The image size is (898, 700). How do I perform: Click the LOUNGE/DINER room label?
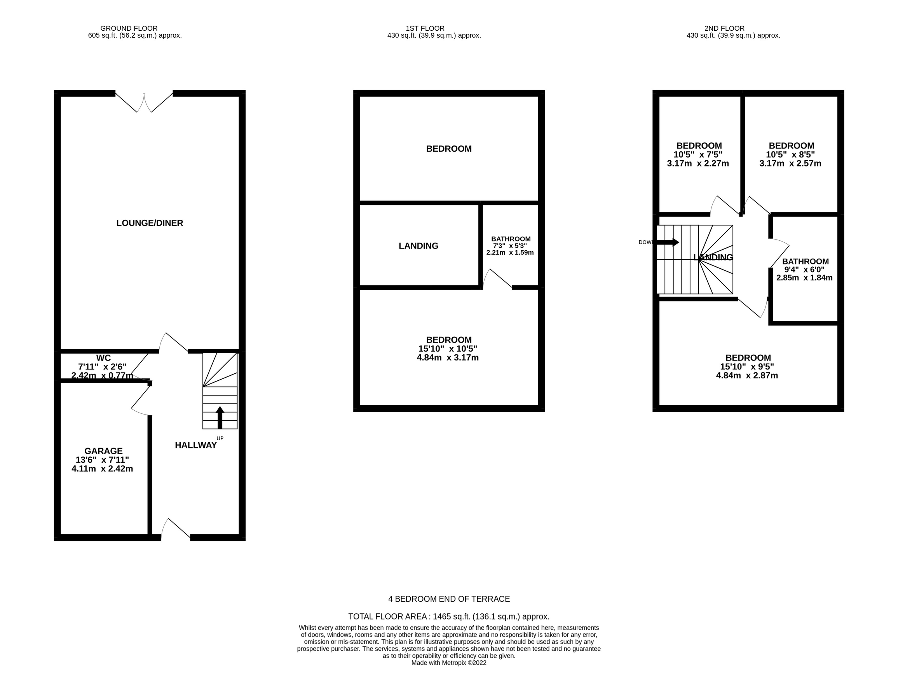[x=150, y=223]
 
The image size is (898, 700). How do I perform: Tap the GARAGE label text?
[x=103, y=451]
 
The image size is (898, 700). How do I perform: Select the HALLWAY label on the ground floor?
[x=196, y=445]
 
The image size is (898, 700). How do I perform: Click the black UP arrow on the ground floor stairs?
[x=220, y=417]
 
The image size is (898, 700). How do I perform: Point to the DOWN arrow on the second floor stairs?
[x=667, y=242]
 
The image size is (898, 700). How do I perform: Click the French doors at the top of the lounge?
[x=144, y=103]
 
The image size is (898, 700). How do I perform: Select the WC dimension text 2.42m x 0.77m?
[x=102, y=376]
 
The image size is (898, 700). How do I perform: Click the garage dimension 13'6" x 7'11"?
[x=102, y=460]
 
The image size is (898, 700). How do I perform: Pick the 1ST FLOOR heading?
[x=425, y=28]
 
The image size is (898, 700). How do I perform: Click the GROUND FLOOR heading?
[x=129, y=28]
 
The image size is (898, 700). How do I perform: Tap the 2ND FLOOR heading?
[x=724, y=28]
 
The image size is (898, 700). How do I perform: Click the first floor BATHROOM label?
[x=511, y=239]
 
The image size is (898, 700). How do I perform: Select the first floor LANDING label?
[x=418, y=246]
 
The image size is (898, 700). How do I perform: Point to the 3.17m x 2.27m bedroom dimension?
[x=698, y=163]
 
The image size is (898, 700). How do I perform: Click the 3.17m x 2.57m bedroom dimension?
[x=790, y=163]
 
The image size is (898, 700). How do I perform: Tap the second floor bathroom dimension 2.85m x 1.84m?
[x=804, y=278]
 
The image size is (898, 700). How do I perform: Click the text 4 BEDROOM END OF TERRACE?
[x=449, y=599]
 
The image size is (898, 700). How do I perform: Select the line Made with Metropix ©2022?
[x=449, y=663]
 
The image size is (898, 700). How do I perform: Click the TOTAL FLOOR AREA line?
[x=449, y=616]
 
